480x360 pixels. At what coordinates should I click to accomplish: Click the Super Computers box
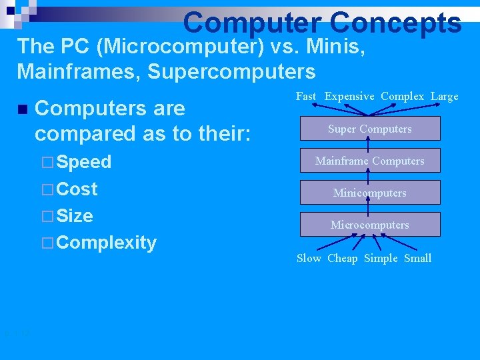point(369,129)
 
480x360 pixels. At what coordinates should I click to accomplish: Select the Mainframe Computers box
point(369,161)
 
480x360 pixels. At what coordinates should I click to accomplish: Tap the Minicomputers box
point(369,193)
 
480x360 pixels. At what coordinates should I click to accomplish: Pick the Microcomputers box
point(369,225)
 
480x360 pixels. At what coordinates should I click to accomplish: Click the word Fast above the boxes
point(306,96)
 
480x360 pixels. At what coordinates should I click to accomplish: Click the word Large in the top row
point(444,96)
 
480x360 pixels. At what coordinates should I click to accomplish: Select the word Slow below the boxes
point(309,258)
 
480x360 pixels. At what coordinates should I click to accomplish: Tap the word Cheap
point(342,258)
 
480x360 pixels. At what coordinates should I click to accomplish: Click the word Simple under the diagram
point(381,258)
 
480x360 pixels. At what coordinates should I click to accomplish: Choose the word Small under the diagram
point(418,258)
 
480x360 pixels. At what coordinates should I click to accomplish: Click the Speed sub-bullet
point(83,162)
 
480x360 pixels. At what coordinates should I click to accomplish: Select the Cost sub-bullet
point(77,189)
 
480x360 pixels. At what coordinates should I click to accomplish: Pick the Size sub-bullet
point(75,215)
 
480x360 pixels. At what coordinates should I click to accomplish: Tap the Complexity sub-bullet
point(106,242)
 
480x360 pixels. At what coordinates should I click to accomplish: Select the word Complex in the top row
point(402,96)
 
